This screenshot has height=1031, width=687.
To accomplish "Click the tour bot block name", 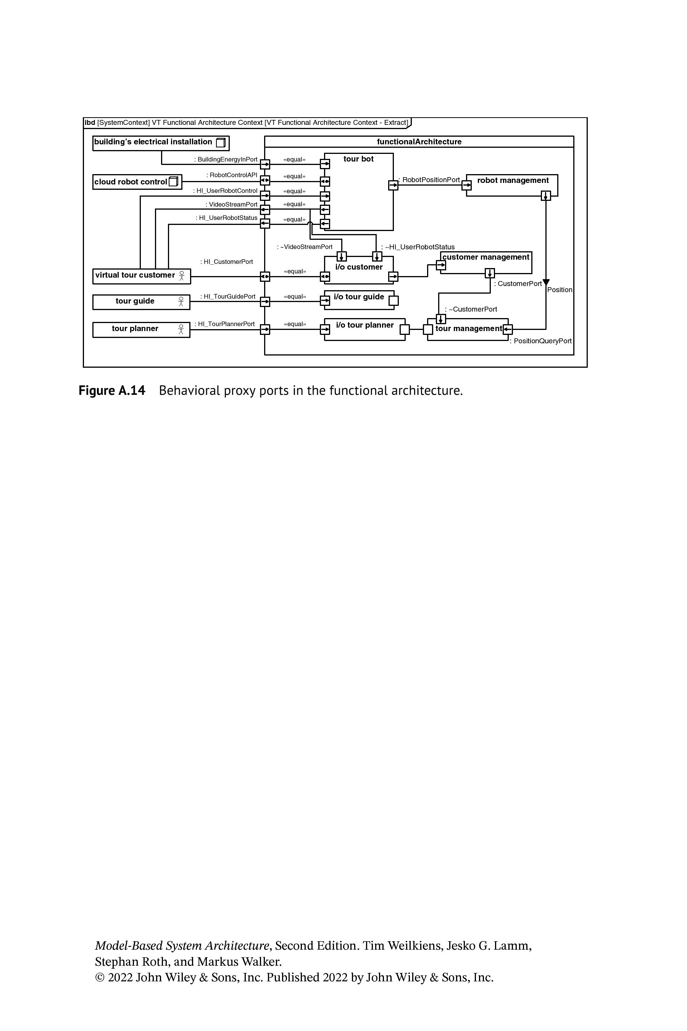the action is pos(358,159).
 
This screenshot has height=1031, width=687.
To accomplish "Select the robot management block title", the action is pos(513,180).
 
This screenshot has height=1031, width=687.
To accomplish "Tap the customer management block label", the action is pos(486,257).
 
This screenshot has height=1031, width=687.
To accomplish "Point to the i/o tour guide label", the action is pos(359,297).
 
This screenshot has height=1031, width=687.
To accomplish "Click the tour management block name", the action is pos(469,328).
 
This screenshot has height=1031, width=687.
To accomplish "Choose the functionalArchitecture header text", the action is pos(419,142).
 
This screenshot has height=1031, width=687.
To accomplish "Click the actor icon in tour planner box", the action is pos(181,329).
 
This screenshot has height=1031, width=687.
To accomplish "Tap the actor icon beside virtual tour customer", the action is pos(182,276).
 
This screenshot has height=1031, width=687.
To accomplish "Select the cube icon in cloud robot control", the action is pos(174,181).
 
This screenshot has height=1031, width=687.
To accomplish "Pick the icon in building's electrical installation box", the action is pos(221,142).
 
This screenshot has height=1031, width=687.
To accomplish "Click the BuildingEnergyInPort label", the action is pos(226,160).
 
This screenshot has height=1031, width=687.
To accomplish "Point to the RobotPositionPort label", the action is pos(429,180).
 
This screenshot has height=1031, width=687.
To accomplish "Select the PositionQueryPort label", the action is pos(541,341).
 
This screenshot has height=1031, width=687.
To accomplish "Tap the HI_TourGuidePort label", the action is pos(228,297).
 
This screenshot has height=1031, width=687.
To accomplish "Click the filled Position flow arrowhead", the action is pos(546,283).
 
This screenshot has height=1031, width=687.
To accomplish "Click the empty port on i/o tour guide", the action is pos(393,301).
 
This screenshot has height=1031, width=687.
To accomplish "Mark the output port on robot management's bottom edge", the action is pos(546,196).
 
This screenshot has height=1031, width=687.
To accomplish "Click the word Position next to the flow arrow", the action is pos(560,290).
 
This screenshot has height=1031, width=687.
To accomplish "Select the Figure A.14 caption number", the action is pos(112,390).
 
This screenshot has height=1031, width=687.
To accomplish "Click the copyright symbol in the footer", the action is pos(100,978).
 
